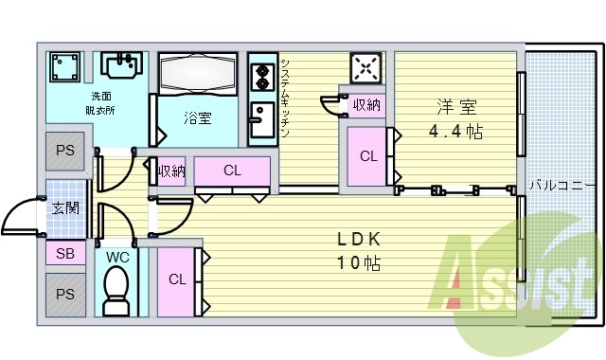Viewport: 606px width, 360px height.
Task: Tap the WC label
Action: (117, 257)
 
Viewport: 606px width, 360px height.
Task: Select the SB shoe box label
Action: (64, 254)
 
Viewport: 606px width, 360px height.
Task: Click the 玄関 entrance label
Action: (65, 209)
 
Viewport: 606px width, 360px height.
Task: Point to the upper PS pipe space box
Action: (64, 152)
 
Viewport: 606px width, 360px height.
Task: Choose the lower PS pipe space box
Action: (64, 295)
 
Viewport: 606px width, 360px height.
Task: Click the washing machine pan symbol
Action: (64, 67)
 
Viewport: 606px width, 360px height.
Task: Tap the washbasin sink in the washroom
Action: (120, 66)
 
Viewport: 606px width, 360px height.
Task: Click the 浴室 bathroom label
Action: (198, 118)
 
